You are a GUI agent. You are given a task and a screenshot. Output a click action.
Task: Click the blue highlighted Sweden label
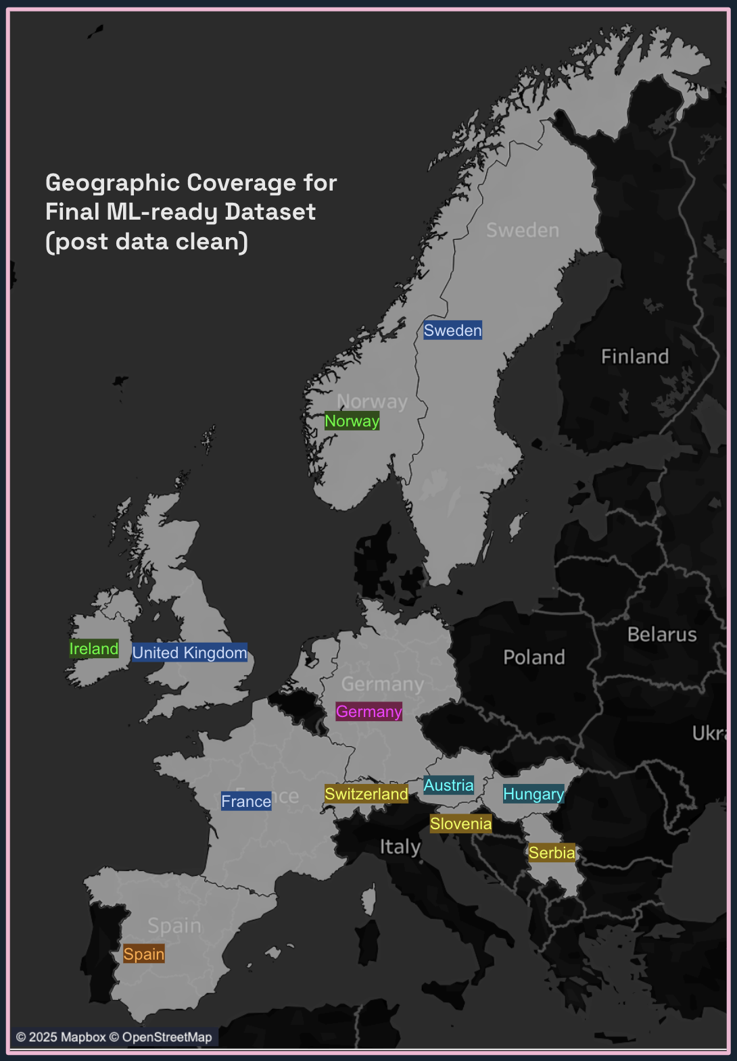point(452,330)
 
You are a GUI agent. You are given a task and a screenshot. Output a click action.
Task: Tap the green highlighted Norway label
point(352,421)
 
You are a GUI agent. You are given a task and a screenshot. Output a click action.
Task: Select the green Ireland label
point(94,649)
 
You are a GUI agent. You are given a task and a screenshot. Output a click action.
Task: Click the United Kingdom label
point(189,653)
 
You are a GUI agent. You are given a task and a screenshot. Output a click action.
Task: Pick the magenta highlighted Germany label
point(368,712)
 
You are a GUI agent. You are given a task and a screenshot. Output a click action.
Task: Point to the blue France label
point(246,801)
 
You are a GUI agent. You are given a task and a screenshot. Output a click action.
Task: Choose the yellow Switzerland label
point(366,794)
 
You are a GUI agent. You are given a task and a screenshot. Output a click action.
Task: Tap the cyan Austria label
point(448,785)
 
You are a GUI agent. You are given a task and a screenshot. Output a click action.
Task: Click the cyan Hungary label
point(533,794)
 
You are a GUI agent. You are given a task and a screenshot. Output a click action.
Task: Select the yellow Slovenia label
point(460,824)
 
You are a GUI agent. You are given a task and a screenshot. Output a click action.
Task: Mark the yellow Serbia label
point(552,853)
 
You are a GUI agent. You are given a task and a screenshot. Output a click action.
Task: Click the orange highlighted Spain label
point(144,954)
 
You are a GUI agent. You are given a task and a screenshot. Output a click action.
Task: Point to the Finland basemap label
point(635,357)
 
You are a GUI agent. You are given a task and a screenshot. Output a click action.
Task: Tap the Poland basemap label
point(534,658)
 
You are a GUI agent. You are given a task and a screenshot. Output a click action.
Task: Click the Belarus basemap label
point(662,635)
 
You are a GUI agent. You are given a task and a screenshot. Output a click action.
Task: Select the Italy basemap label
point(400,847)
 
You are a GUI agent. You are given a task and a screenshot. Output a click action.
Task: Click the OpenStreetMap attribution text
point(166,1037)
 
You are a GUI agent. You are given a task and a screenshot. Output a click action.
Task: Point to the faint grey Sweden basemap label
point(523,230)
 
